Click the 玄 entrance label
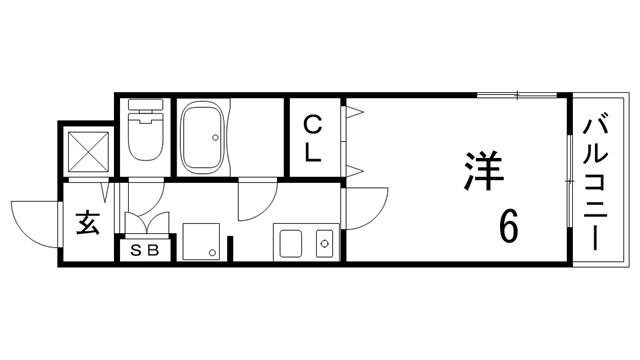click(87, 223)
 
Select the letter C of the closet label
click(313, 124)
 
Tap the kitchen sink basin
click(293, 241)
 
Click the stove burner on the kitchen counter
click(322, 241)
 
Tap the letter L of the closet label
click(313, 153)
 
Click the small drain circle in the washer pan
click(212, 251)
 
